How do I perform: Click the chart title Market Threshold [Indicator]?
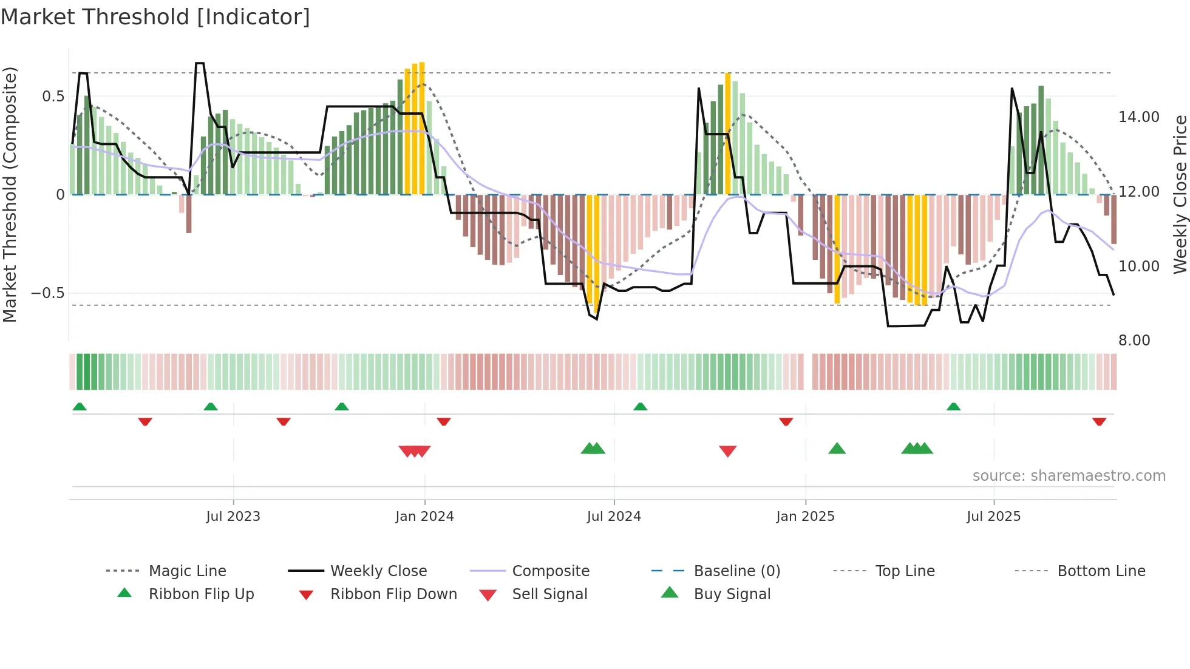point(155,17)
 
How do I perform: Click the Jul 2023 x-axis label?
point(233,517)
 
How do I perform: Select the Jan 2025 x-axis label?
point(805,517)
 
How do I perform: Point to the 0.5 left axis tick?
point(53,97)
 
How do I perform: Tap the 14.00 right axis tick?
point(1138,117)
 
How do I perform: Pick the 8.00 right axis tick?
point(1134,341)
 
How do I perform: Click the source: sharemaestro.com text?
point(1069,476)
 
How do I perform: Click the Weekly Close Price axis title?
point(1180,194)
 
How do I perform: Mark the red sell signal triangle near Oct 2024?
point(727,451)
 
